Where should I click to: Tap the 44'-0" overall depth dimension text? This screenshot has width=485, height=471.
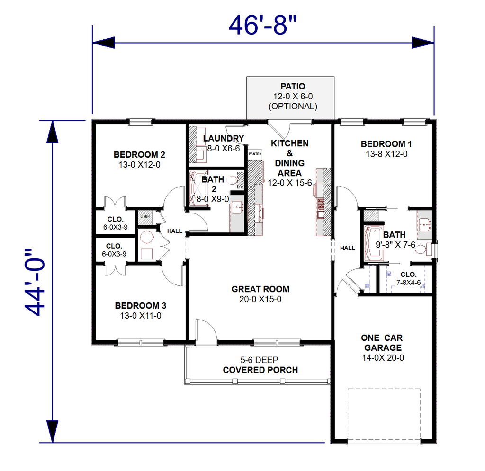tap(35, 282)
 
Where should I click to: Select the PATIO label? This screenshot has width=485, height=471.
tap(293, 86)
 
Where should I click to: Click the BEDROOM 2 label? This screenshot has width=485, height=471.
tap(139, 154)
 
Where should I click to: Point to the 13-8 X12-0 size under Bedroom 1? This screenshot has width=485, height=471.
tap(386, 154)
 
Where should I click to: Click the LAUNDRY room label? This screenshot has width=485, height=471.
tap(224, 138)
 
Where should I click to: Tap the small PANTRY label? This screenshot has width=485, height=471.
tap(255, 153)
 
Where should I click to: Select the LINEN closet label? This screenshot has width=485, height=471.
tap(145, 216)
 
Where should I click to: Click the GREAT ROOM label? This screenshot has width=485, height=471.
tap(260, 289)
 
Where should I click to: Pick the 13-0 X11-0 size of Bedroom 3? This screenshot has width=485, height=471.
tap(141, 316)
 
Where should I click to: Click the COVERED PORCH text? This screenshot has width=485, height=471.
tap(260, 370)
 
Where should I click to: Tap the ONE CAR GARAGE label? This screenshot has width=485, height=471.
tap(383, 343)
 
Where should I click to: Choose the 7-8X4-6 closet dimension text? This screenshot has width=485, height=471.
tap(409, 283)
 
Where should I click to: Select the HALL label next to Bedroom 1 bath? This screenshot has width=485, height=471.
tap(348, 248)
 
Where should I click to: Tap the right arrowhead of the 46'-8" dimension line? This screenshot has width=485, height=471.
tap(423, 43)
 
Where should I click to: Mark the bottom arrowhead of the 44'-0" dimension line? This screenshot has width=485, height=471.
tap(52, 431)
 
